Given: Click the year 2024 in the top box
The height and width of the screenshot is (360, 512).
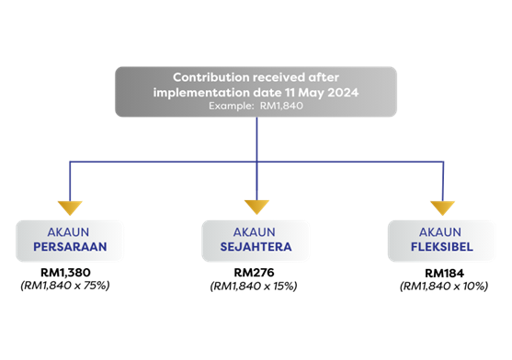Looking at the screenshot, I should [339, 92].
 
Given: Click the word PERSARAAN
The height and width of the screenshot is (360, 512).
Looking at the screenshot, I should [70, 247].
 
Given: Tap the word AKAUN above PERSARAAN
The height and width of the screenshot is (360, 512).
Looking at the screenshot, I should [70, 232].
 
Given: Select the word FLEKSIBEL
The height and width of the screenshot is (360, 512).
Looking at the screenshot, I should [441, 247].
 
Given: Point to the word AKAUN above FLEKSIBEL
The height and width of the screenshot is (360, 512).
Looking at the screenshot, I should [441, 232].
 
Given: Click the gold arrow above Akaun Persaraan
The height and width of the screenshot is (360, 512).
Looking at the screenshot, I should [70, 208].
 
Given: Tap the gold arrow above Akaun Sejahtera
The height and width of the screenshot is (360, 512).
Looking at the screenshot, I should [256, 208].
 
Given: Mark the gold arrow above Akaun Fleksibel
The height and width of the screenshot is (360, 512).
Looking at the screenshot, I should [442, 208].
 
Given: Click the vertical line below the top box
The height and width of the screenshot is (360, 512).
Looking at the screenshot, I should [256, 138].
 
